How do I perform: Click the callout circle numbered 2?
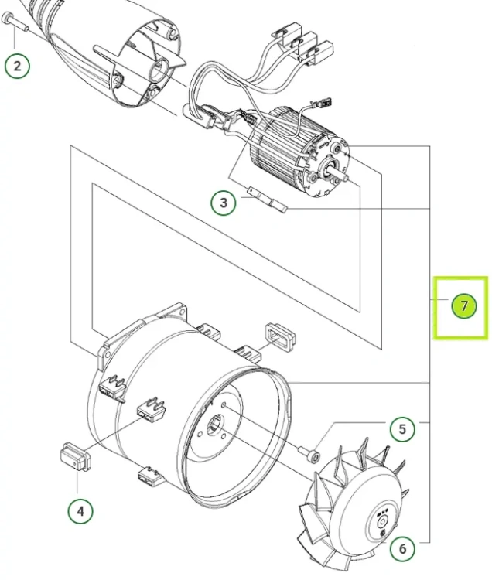coord(17,66)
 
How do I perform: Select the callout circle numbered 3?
coord(224,203)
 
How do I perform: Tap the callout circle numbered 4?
coord(80,511)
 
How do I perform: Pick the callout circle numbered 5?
coord(402,429)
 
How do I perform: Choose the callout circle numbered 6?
coord(402,548)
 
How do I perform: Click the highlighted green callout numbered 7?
coord(464,305)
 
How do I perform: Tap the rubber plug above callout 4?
coord(76,457)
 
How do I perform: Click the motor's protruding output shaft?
coord(340,174)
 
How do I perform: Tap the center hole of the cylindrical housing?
coord(215,425)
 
